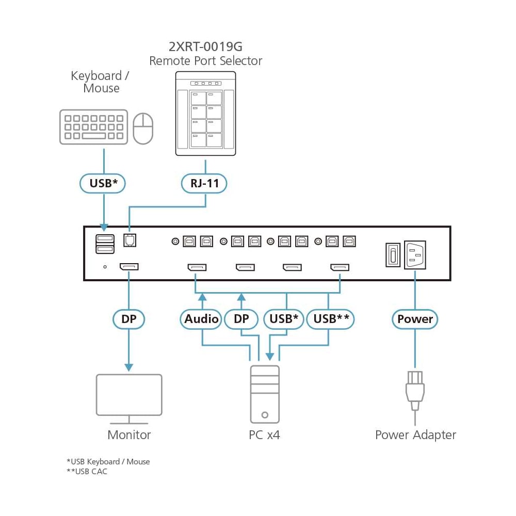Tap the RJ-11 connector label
(204, 183)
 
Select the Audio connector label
(201, 319)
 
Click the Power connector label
(415, 319)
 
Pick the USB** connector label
(331, 319)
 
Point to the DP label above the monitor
(128, 319)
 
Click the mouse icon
(143, 129)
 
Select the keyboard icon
(93, 126)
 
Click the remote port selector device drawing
(205, 114)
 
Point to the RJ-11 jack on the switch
(128, 240)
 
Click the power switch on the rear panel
(393, 254)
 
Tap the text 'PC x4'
(264, 435)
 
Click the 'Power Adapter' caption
(415, 435)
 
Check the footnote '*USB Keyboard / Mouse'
(108, 461)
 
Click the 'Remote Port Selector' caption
(205, 61)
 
